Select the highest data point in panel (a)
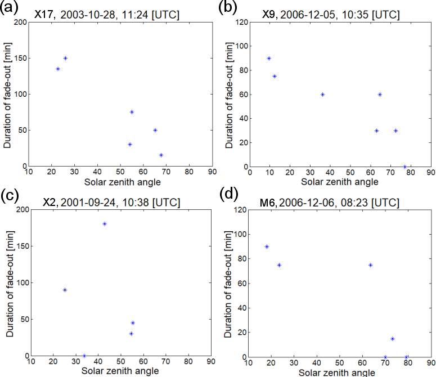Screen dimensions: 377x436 coord(65,58)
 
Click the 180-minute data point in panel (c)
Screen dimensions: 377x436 coord(105,224)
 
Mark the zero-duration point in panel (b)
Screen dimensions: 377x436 coord(404,167)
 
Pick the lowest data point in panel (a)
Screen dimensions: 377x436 coord(161,155)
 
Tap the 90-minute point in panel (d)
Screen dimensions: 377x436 coord(267,246)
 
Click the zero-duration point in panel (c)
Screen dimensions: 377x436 coord(84,356)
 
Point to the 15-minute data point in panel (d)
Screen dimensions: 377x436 coord(392,339)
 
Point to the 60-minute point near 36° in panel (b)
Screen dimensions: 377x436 coord(322,95)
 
